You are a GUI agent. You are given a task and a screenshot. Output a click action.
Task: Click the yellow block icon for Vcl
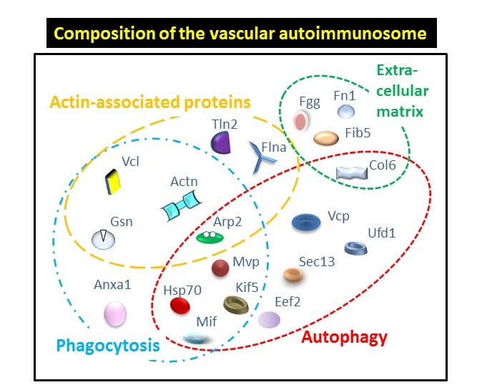[112, 182]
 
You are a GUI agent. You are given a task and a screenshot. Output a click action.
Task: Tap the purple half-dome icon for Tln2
[220, 142]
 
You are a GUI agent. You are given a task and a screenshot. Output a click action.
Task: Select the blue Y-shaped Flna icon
[262, 157]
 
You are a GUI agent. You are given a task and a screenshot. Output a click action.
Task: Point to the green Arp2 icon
[210, 237]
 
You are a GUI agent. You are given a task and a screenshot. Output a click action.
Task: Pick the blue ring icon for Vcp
[306, 222]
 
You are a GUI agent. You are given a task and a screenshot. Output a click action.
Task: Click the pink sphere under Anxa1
[115, 313]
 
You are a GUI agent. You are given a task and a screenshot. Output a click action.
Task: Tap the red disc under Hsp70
[180, 306]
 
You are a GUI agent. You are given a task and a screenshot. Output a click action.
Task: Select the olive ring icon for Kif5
[235, 305]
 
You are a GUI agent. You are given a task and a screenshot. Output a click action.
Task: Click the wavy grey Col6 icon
[352, 173]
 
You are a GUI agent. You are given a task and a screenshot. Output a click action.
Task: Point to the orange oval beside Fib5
[326, 138]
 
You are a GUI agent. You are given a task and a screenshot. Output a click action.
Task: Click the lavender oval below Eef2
[269, 320]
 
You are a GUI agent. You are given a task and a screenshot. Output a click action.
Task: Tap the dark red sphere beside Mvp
[220, 268]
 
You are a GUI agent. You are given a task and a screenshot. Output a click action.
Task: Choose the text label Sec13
[317, 261]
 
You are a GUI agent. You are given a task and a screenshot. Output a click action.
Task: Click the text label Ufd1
[381, 233]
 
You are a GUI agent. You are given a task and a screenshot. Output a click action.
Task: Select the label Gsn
[122, 222]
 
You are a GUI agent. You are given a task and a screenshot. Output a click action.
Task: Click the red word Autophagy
[344, 338]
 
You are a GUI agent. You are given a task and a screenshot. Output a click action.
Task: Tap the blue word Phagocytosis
[108, 345]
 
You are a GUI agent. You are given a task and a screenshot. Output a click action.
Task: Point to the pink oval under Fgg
[300, 121]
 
